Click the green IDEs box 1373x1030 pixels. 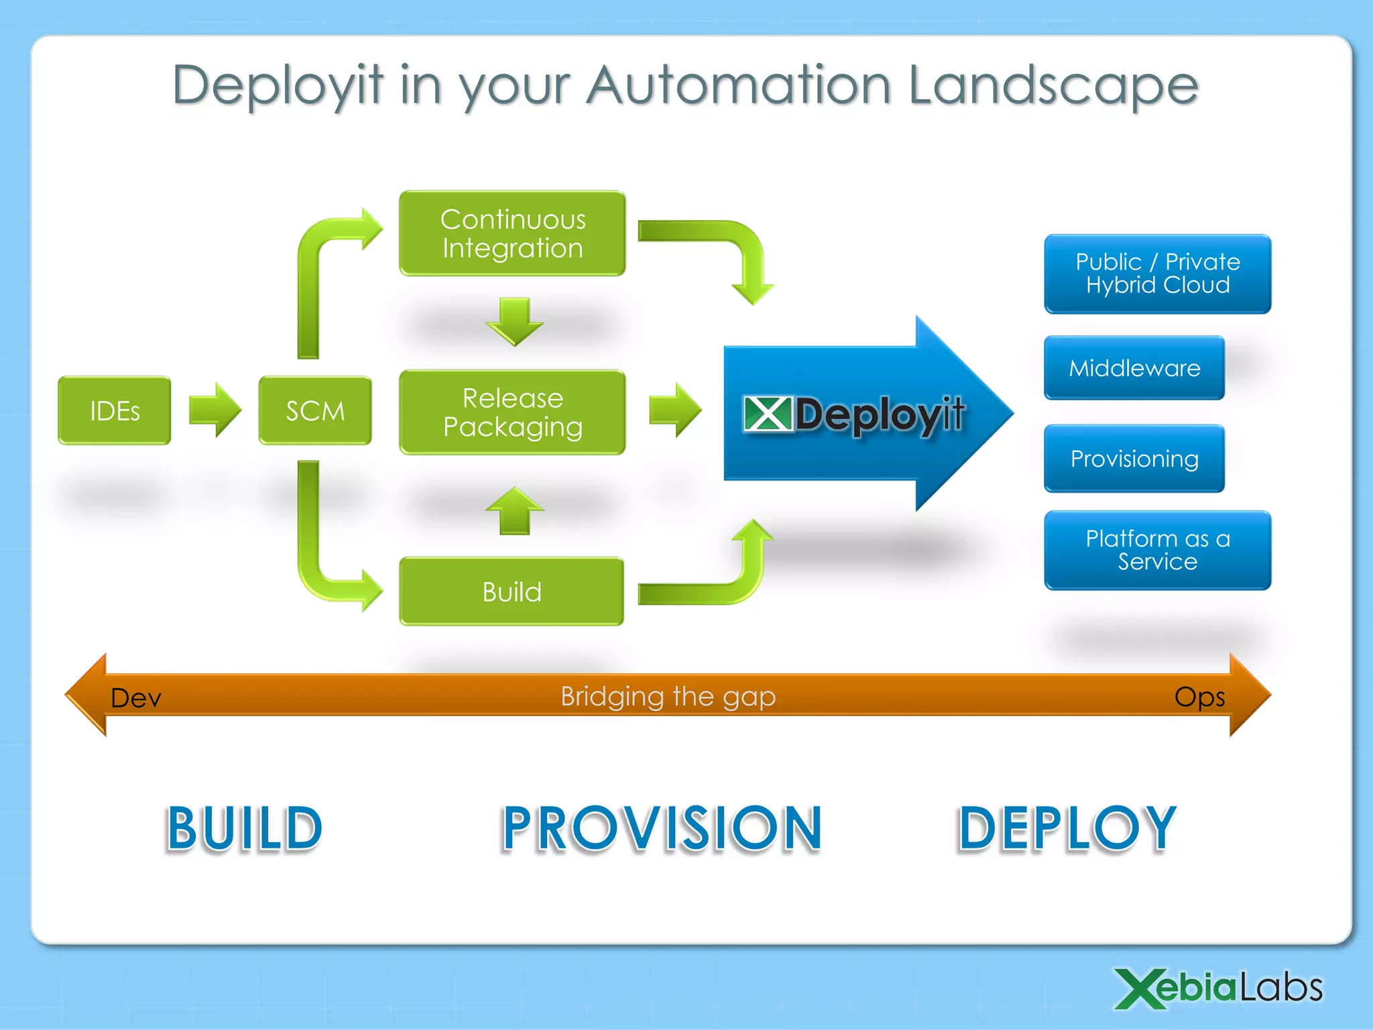(x=114, y=410)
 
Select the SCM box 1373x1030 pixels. (x=314, y=410)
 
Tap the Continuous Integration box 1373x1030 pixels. (x=512, y=233)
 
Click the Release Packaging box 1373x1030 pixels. (x=512, y=412)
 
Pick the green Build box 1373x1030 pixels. (x=512, y=591)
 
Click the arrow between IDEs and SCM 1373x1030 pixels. (x=215, y=410)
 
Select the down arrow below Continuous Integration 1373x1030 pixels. (x=514, y=321)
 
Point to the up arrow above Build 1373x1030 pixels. (x=514, y=511)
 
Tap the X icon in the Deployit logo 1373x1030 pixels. (x=768, y=414)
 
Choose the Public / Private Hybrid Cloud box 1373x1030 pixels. (x=1157, y=274)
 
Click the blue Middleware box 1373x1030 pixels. (x=1134, y=367)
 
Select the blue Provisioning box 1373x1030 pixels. (x=1134, y=459)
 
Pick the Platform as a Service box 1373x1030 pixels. (x=1157, y=550)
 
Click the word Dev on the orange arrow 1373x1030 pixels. (x=135, y=698)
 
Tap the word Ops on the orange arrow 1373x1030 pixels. (x=1199, y=697)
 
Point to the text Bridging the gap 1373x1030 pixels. (x=668, y=696)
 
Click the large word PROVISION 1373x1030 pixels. (x=662, y=829)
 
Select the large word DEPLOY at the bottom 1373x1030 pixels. (x=1067, y=829)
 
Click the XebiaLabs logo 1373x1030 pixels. (x=1217, y=988)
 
